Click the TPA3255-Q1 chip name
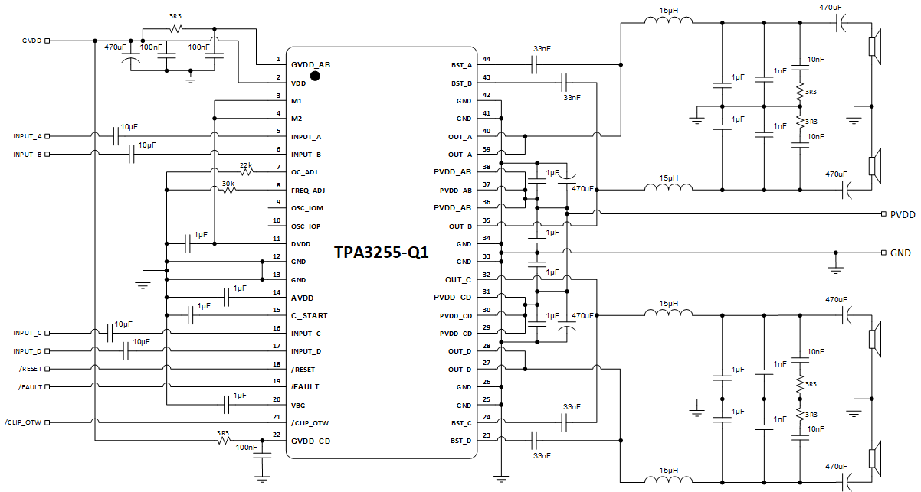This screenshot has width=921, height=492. pos(380,253)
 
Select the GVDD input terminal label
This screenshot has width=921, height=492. pos(32,41)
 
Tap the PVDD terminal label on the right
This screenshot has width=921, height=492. pos(902,216)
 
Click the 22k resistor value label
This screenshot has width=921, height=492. pos(246,165)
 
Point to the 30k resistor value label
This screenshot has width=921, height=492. pos(228,183)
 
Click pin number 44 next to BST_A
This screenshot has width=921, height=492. pos(486,60)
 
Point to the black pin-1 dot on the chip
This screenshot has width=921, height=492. pos(314,75)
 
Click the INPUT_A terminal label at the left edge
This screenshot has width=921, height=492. pos(28,136)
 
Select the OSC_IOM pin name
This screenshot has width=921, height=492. pos(307,208)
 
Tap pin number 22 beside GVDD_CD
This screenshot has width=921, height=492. pos(277,435)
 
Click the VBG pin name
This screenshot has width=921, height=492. pos(300,406)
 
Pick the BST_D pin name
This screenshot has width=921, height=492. pos(461,441)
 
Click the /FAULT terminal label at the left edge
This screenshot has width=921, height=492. pos(30,387)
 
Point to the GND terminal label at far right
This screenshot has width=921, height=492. pos(900,253)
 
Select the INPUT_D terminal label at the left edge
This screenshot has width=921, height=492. pos(28,351)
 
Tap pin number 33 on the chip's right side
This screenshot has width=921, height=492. pos(486,256)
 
